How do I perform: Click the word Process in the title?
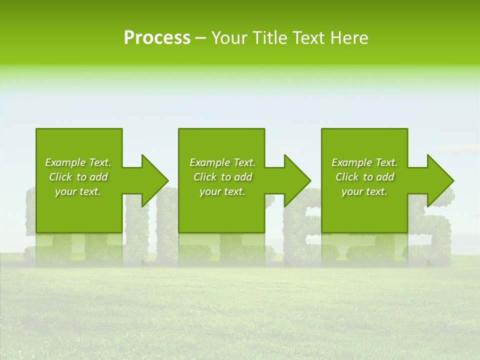point(157,38)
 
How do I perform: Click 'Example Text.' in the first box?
point(78,162)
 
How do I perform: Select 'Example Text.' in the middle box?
point(222,162)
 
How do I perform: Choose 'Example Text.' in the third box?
point(364,162)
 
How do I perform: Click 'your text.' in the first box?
point(78,191)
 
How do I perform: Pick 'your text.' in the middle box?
point(222,191)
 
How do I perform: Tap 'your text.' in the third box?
point(364,191)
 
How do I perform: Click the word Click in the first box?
point(60,177)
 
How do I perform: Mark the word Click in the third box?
point(347,177)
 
